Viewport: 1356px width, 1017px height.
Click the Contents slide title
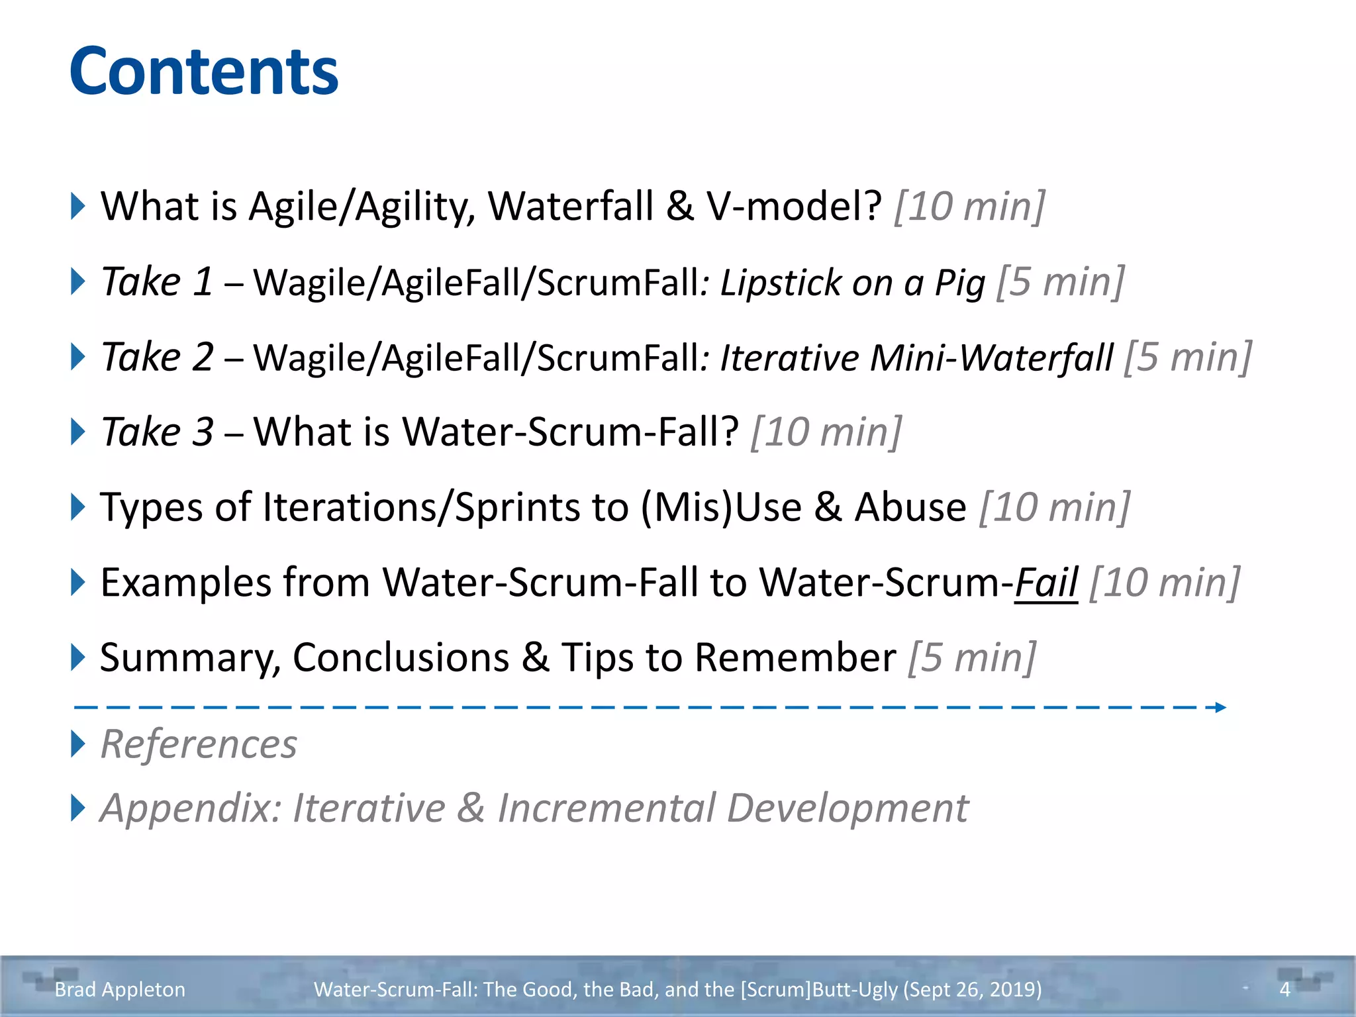[x=204, y=72]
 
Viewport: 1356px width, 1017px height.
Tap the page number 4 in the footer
[x=1284, y=989]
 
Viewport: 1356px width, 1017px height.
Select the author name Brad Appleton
[x=120, y=989]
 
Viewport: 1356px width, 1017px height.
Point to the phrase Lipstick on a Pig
[x=853, y=283]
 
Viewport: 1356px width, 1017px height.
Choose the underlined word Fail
[x=1046, y=583]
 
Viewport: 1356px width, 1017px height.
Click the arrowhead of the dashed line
[x=1220, y=707]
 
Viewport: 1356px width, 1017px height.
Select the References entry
[x=199, y=744]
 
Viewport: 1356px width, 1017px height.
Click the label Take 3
[x=157, y=432]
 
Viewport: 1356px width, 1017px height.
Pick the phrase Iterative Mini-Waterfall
[x=917, y=358]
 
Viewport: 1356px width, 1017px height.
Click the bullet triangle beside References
[x=78, y=744]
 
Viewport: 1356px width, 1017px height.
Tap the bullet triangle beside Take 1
[x=78, y=281]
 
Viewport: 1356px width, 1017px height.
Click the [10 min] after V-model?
[x=970, y=206]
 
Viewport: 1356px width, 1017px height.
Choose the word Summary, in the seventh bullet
[x=190, y=658]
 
